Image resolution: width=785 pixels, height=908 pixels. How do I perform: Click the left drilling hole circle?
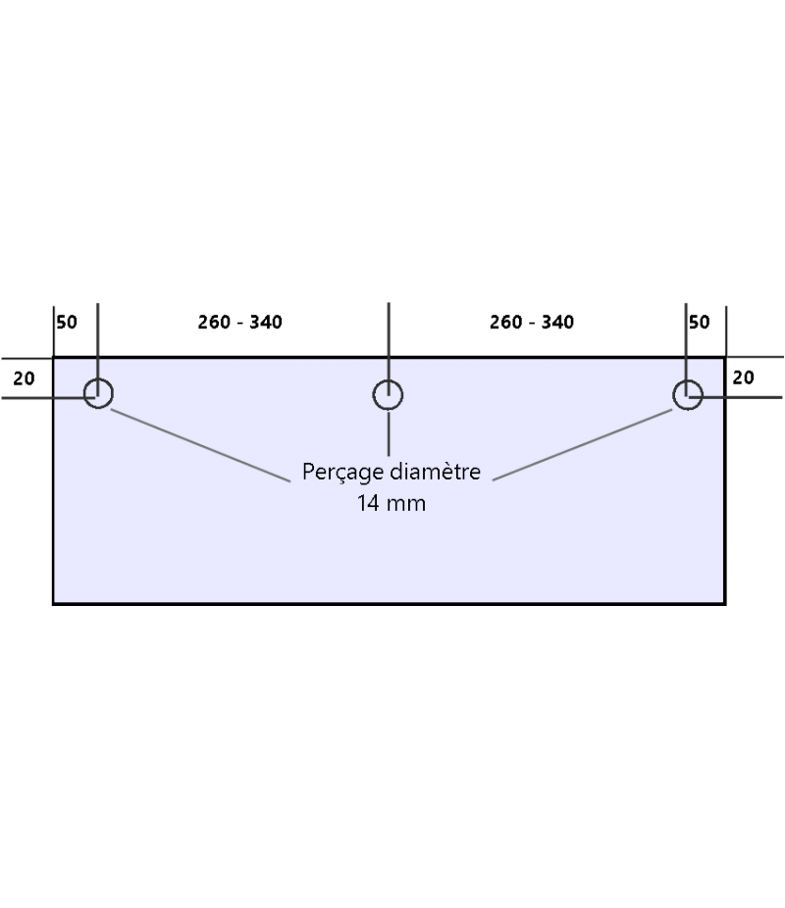(x=98, y=393)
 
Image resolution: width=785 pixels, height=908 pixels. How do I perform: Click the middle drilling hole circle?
(x=389, y=394)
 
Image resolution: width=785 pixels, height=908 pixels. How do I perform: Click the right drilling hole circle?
(x=687, y=394)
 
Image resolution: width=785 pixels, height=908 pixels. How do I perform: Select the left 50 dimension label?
(x=67, y=322)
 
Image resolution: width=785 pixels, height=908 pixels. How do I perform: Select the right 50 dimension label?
(x=699, y=322)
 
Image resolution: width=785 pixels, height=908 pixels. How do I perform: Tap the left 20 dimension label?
(x=24, y=378)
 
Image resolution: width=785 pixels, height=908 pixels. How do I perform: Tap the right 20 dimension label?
(x=744, y=378)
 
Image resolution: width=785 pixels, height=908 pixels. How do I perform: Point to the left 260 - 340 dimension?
(x=239, y=322)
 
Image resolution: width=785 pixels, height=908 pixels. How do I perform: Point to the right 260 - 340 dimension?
(x=532, y=322)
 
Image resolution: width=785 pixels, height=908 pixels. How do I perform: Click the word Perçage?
(x=342, y=473)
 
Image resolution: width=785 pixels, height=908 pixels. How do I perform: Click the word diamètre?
(x=436, y=472)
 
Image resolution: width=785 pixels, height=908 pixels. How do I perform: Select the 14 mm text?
(x=392, y=505)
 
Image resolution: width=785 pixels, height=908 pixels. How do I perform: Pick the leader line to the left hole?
(x=201, y=445)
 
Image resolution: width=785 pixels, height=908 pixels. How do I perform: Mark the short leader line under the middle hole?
(x=390, y=433)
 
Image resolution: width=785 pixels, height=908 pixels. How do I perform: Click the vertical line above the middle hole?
(x=390, y=338)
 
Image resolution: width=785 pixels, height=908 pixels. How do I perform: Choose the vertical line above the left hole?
(x=98, y=338)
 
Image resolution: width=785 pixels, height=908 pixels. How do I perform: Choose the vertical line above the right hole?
(x=687, y=338)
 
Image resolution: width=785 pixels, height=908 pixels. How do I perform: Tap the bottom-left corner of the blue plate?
(x=53, y=603)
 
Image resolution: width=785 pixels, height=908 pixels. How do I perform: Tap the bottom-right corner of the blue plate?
(x=724, y=603)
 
